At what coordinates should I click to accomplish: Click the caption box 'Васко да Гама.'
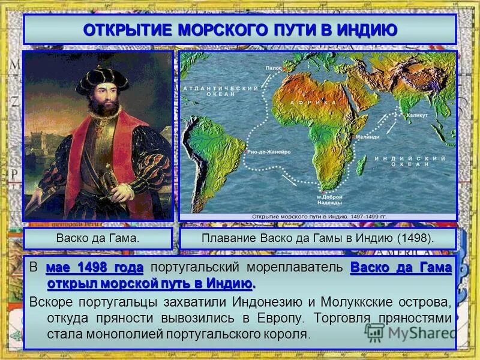click(98, 238)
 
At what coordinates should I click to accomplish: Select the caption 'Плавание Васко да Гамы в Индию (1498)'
click(317, 238)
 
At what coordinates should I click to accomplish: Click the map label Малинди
click(367, 137)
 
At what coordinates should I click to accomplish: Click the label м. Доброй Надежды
click(330, 200)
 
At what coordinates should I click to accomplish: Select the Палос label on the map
click(274, 68)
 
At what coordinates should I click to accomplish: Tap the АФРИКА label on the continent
click(323, 103)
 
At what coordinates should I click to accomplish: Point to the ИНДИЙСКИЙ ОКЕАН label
click(410, 161)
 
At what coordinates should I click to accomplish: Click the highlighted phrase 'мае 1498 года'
click(94, 267)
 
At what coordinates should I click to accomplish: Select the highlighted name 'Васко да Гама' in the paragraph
click(400, 267)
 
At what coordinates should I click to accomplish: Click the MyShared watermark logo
click(408, 332)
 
